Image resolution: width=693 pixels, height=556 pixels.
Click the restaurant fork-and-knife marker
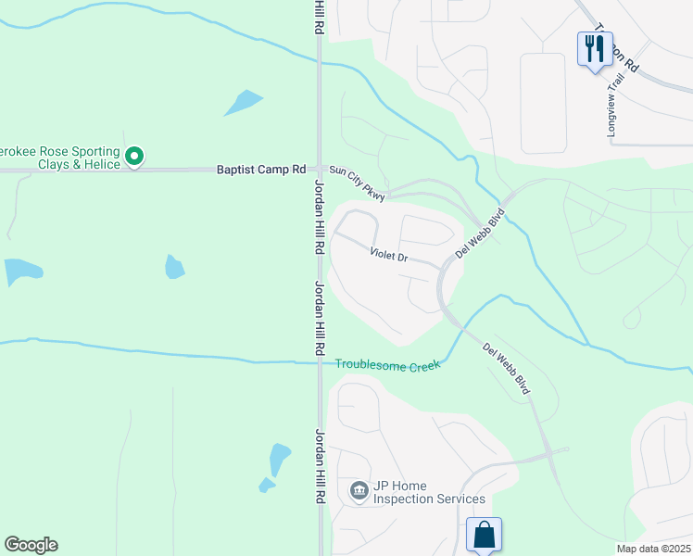coord(593,48)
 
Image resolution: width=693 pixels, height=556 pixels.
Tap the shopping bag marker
coord(484,535)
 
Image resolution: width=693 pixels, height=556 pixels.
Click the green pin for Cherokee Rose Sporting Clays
coord(134,158)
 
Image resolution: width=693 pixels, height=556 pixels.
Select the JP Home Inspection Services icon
coord(359,490)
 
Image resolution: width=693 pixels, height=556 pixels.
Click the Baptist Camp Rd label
coord(260,170)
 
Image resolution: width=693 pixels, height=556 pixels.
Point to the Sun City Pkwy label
coord(359,181)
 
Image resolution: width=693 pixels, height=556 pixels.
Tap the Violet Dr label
coord(389,254)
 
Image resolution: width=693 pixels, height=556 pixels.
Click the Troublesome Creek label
coord(386,366)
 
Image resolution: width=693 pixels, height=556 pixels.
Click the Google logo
coord(31,545)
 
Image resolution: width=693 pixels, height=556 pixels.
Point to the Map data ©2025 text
coord(653,549)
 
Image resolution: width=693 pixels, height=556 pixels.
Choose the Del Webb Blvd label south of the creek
coord(507,369)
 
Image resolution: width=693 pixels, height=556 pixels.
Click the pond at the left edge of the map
coord(22,272)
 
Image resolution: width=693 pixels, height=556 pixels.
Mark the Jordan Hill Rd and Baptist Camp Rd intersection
coord(319,170)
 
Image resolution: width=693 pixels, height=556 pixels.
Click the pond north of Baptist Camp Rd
coord(244,102)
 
